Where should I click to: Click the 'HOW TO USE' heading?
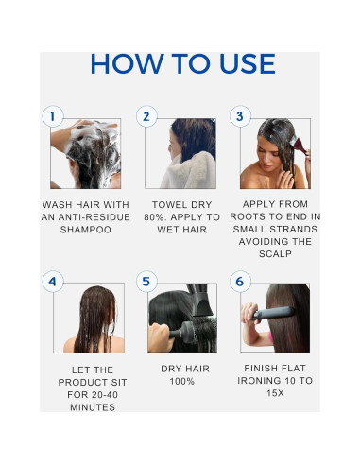click(x=182, y=64)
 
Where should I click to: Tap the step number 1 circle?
click(x=53, y=117)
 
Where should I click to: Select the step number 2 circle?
click(x=146, y=117)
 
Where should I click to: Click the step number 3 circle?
click(x=240, y=117)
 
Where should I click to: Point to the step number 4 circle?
click(x=53, y=282)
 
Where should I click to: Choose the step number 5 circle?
click(x=146, y=282)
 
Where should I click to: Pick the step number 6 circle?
click(x=240, y=282)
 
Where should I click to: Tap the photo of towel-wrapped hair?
click(x=180, y=153)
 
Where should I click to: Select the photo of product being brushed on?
click(x=274, y=153)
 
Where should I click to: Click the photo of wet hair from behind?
click(x=88, y=318)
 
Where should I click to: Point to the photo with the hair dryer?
click(x=180, y=318)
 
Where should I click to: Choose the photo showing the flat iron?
click(x=275, y=318)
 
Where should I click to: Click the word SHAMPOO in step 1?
click(x=85, y=230)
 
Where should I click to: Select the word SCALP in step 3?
click(x=275, y=254)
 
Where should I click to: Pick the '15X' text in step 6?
click(x=275, y=394)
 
